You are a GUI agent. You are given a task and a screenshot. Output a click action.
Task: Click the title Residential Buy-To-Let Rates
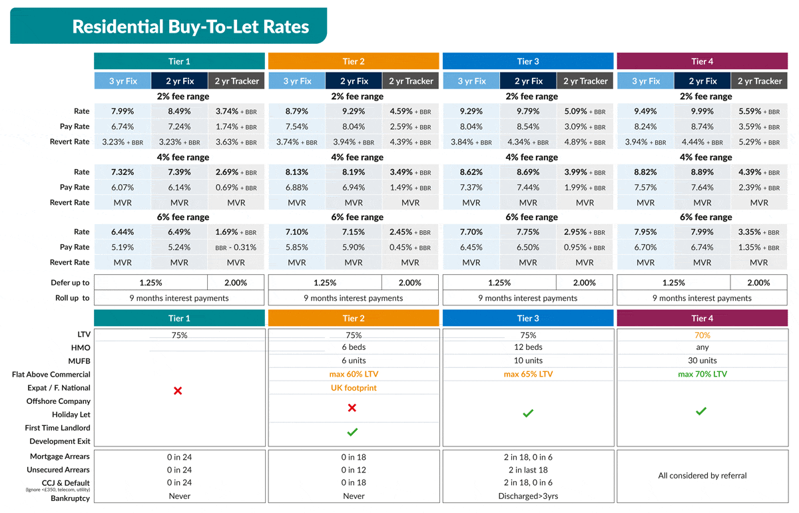click(x=190, y=27)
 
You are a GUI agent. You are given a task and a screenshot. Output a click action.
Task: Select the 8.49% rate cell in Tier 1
click(x=179, y=112)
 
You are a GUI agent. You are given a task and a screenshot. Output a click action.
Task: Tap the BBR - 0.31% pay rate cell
click(x=236, y=248)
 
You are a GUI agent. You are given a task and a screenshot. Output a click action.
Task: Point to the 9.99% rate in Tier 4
click(x=702, y=112)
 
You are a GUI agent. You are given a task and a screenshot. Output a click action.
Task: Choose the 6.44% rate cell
click(x=123, y=232)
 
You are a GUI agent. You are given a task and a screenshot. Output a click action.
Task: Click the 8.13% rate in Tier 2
click(x=296, y=172)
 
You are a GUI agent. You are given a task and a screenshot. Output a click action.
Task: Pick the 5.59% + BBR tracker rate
click(x=758, y=112)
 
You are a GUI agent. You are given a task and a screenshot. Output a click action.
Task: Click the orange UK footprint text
click(x=354, y=388)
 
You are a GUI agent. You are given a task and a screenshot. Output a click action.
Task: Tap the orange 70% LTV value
click(x=702, y=335)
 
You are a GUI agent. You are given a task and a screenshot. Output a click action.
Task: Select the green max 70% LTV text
click(x=702, y=374)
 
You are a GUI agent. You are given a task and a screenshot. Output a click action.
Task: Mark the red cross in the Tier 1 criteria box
click(x=178, y=391)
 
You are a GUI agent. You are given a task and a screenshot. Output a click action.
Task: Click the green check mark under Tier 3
click(x=528, y=414)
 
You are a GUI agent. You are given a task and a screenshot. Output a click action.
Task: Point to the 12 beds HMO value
click(x=528, y=347)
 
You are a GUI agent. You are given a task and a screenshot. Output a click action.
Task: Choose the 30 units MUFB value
click(x=702, y=361)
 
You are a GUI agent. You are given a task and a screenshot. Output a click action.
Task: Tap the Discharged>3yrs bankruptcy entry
click(x=528, y=496)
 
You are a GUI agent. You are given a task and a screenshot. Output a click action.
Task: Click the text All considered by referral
click(x=702, y=476)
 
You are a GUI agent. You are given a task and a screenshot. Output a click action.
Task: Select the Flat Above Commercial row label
click(x=51, y=375)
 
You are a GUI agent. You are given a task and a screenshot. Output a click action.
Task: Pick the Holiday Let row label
click(x=71, y=415)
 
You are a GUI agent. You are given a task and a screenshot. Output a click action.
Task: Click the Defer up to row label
click(x=70, y=283)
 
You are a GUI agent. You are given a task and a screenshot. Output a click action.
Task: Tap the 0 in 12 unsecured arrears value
click(x=354, y=470)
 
